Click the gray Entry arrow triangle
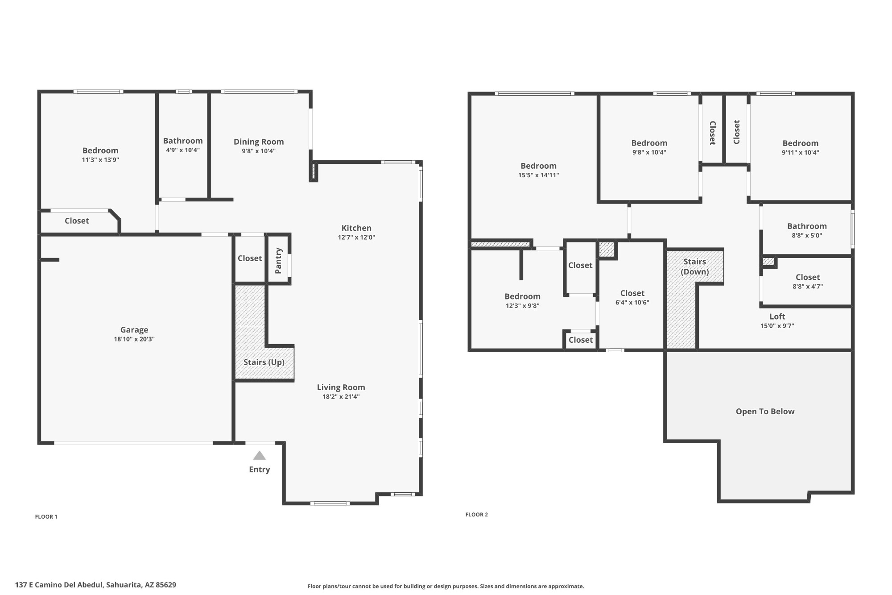(x=260, y=456)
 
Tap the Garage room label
(x=134, y=330)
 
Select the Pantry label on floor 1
(x=279, y=261)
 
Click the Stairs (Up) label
(x=264, y=362)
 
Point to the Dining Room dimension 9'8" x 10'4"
(x=259, y=151)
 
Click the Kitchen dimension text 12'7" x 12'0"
(x=356, y=237)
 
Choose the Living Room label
(x=341, y=387)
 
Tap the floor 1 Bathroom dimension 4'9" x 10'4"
(x=183, y=150)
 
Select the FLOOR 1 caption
(x=46, y=516)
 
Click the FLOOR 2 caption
(x=477, y=514)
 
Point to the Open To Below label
(x=765, y=412)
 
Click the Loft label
(x=777, y=316)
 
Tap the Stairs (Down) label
(x=695, y=266)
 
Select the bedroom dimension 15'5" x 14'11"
(x=539, y=175)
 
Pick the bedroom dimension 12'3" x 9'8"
(x=523, y=306)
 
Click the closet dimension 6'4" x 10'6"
(x=632, y=303)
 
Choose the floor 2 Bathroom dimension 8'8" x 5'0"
(x=807, y=235)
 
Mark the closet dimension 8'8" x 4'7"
(x=808, y=287)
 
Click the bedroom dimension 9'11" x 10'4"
(x=801, y=153)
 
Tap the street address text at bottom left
(x=95, y=585)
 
